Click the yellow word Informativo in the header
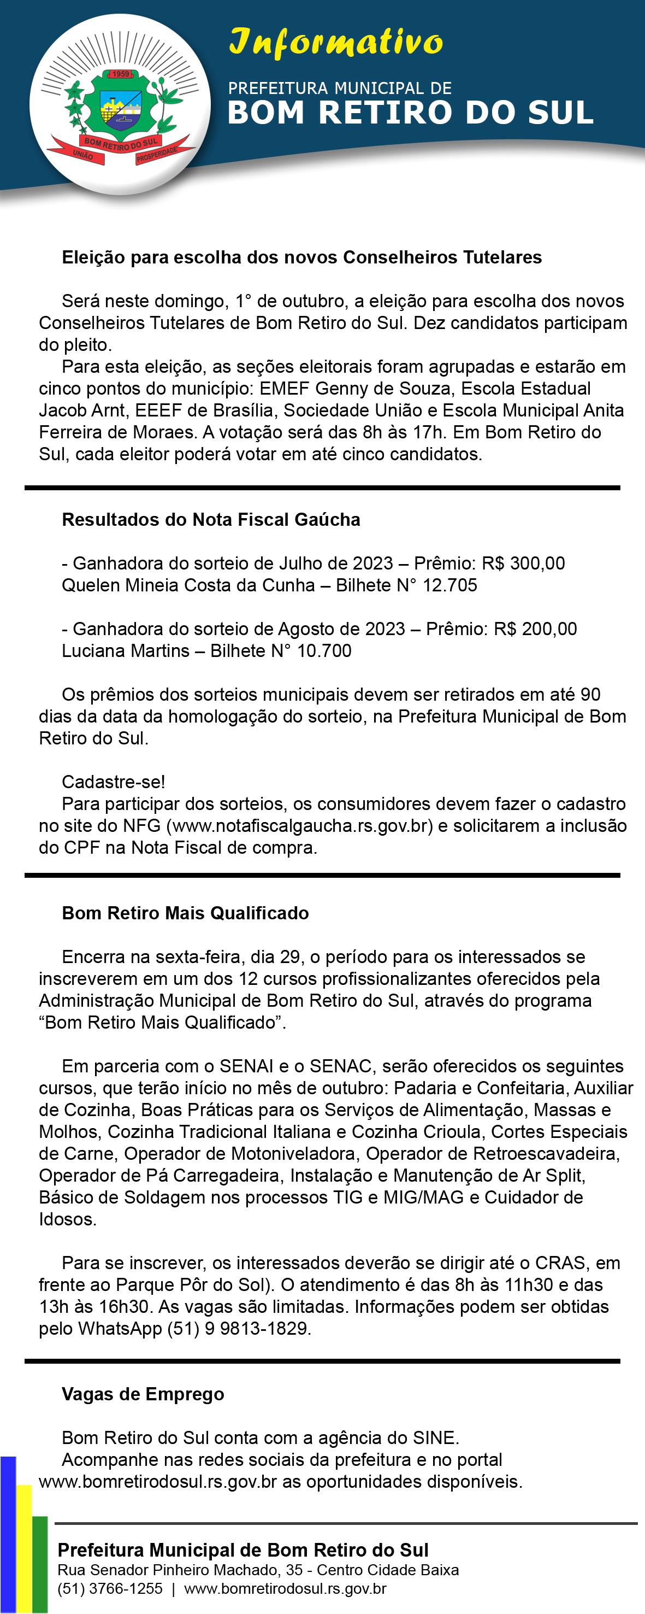[336, 43]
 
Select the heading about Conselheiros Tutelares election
[301, 257]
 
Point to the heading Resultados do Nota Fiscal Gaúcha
[210, 519]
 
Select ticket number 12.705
[449, 585]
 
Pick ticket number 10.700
[324, 650]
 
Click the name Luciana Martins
[125, 650]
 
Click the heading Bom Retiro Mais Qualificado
[185, 913]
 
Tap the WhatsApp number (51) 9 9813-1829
[238, 1328]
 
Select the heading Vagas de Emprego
[143, 1394]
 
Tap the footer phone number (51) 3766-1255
[110, 1589]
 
